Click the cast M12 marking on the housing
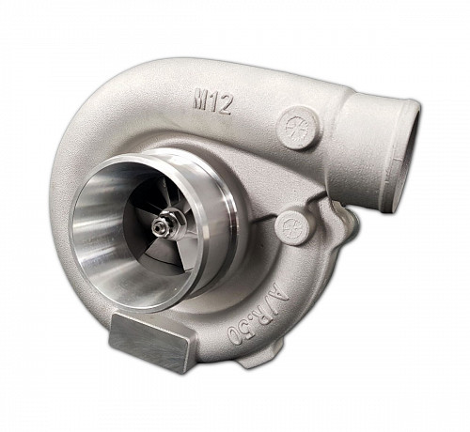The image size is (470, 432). pos(211,102)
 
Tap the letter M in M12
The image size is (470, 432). pos(200,100)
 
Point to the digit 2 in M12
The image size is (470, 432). pos(225,104)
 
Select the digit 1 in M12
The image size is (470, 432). pos(213,102)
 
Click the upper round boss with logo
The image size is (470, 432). pos(297,128)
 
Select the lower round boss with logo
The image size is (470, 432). pos(291,227)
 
